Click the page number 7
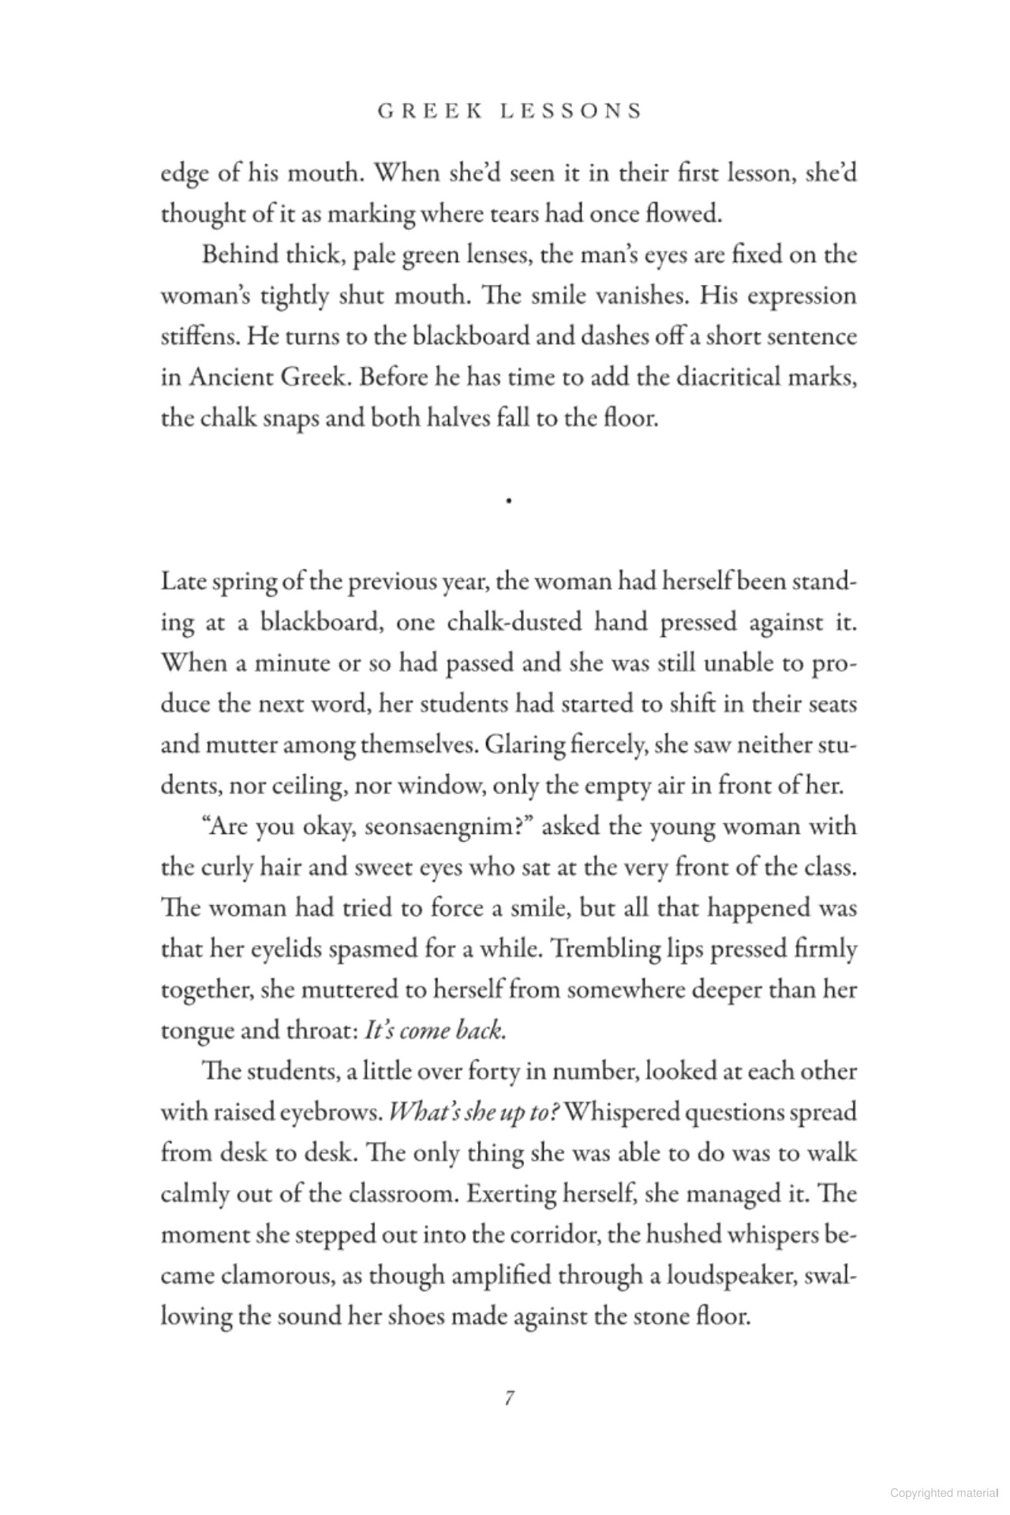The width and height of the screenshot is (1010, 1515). [509, 1398]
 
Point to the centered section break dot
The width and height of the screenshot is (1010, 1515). [511, 499]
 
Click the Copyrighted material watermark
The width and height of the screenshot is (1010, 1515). [942, 1493]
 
